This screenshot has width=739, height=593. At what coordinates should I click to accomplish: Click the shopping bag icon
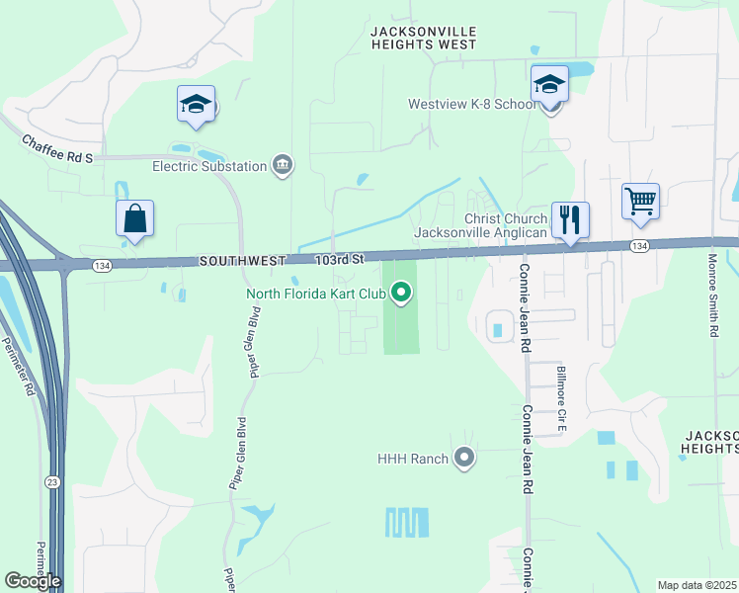pyautogui.click(x=134, y=219)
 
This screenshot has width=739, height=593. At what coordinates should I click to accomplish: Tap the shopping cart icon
pyautogui.click(x=640, y=202)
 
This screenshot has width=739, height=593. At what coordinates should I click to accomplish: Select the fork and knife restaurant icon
pyautogui.click(x=569, y=219)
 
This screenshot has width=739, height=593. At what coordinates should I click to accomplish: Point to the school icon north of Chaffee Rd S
pyautogui.click(x=197, y=104)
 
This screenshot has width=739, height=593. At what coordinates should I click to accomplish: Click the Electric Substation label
pyautogui.click(x=209, y=166)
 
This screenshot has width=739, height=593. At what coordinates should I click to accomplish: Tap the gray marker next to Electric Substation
pyautogui.click(x=284, y=164)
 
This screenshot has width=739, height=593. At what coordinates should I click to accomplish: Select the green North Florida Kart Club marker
pyautogui.click(x=401, y=292)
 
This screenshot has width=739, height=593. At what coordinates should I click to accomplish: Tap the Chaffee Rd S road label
pyautogui.click(x=56, y=150)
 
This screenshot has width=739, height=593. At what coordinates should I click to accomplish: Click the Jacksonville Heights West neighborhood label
pyautogui.click(x=423, y=38)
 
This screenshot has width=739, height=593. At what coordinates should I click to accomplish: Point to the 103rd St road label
pyautogui.click(x=341, y=259)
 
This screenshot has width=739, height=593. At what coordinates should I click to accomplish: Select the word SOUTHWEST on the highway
pyautogui.click(x=242, y=261)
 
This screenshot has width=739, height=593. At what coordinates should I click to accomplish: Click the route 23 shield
pyautogui.click(x=51, y=481)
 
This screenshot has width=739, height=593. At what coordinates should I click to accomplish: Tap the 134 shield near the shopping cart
pyautogui.click(x=640, y=245)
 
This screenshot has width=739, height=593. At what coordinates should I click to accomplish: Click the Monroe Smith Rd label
pyautogui.click(x=713, y=296)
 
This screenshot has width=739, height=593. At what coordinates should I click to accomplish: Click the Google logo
pyautogui.click(x=33, y=580)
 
